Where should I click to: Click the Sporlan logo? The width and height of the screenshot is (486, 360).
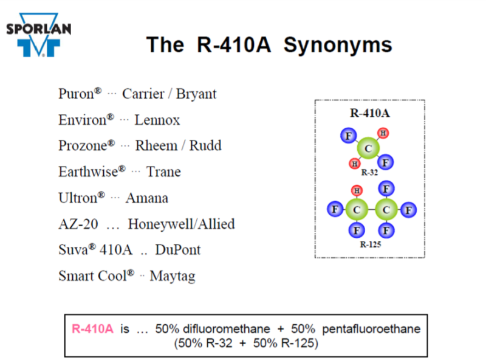[x=39, y=35]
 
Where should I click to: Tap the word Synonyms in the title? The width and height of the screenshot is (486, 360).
[x=338, y=46]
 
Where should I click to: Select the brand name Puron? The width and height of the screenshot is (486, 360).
[x=76, y=94]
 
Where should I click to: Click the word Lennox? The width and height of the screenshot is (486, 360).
[x=157, y=120]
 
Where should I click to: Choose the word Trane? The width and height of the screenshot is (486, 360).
[x=163, y=172]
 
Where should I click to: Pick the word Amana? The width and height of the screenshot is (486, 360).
[x=147, y=198]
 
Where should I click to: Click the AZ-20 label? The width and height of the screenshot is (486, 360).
[x=78, y=224]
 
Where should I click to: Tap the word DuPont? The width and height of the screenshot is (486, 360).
[x=178, y=250]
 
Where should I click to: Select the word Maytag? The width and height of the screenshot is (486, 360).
[x=173, y=277]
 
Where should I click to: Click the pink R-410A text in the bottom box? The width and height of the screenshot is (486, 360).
[x=92, y=329]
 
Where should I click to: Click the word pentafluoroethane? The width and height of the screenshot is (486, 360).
[x=371, y=329]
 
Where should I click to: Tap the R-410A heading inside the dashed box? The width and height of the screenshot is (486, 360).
[x=370, y=113]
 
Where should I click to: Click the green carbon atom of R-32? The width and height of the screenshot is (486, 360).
[x=368, y=148]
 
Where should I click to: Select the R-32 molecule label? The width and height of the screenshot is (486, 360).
[x=369, y=173]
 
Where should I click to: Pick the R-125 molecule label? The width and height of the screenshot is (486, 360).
[x=371, y=244]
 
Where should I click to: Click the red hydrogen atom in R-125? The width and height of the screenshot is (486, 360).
[x=357, y=190]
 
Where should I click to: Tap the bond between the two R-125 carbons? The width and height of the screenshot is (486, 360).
[x=371, y=210]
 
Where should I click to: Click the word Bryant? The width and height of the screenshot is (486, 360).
[x=196, y=94]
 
